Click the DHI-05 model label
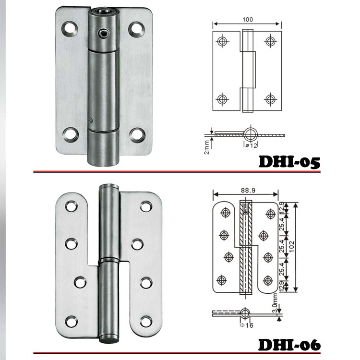tap(289, 162)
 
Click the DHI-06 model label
tap(289, 344)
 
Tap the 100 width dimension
tap(248, 20)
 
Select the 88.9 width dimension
tap(248, 191)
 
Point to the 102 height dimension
tap(291, 246)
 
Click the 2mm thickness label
tap(207, 147)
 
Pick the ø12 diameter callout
tap(251, 145)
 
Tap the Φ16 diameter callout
tap(246, 325)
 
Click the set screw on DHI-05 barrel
tap(103, 33)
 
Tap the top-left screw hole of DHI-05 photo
tap(70, 28)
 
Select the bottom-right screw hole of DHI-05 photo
tap(137, 135)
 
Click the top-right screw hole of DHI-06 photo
tap(146, 206)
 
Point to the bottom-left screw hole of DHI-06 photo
tap(71, 321)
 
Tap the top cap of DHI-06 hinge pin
tap(109, 186)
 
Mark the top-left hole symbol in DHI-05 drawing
tap(222, 41)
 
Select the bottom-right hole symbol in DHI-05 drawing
tap(270, 99)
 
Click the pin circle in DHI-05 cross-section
tap(251, 134)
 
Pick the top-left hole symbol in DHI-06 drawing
tap(226, 213)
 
